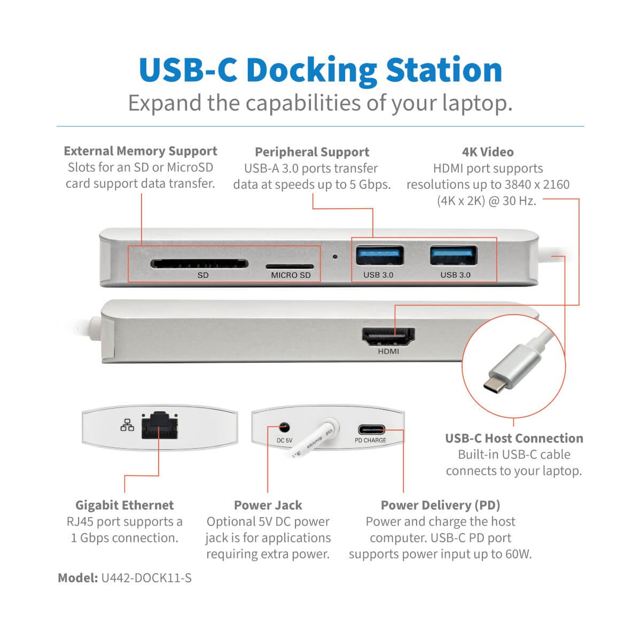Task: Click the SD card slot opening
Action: [199, 263]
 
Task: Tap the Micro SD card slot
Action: [290, 265]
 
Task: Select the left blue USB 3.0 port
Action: [379, 255]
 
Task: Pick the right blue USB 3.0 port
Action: [454, 255]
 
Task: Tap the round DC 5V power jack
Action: [284, 427]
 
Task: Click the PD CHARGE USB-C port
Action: [370, 429]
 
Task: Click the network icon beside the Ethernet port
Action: [127, 425]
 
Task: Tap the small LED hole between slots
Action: [335, 256]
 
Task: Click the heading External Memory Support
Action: [140, 151]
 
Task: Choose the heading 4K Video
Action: [487, 152]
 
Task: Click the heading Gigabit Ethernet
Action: [124, 505]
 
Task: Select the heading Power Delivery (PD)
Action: [440, 505]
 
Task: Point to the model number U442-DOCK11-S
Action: [146, 578]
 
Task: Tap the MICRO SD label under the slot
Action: [290, 276]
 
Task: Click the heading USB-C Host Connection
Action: [514, 439]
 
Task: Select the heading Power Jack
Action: [268, 505]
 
